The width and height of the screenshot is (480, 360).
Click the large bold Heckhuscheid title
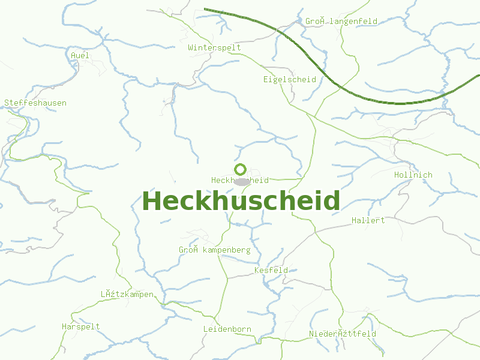tap(241, 200)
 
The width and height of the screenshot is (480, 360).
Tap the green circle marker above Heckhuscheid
tap(241, 170)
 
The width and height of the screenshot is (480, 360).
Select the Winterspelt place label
tap(214, 47)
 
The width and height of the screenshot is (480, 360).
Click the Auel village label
tap(80, 55)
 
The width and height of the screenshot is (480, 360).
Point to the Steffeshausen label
tap(35, 103)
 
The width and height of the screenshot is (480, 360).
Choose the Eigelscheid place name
tap(289, 79)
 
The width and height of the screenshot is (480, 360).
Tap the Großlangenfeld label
tap(341, 22)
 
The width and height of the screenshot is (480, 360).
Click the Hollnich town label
tap(413, 175)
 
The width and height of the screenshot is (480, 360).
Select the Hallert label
tap(368, 220)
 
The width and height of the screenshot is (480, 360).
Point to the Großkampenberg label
tap(214, 250)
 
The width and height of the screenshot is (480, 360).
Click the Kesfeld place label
tap(271, 270)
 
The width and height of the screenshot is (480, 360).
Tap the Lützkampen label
tap(127, 294)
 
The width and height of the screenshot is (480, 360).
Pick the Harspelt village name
tap(80, 326)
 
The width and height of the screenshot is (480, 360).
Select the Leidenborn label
tap(227, 329)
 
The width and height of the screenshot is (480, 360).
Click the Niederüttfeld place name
tap(342, 334)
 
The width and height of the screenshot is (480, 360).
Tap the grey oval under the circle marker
tap(241, 181)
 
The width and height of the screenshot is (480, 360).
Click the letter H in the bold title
tap(152, 200)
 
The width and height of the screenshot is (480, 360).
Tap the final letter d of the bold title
tap(332, 200)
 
